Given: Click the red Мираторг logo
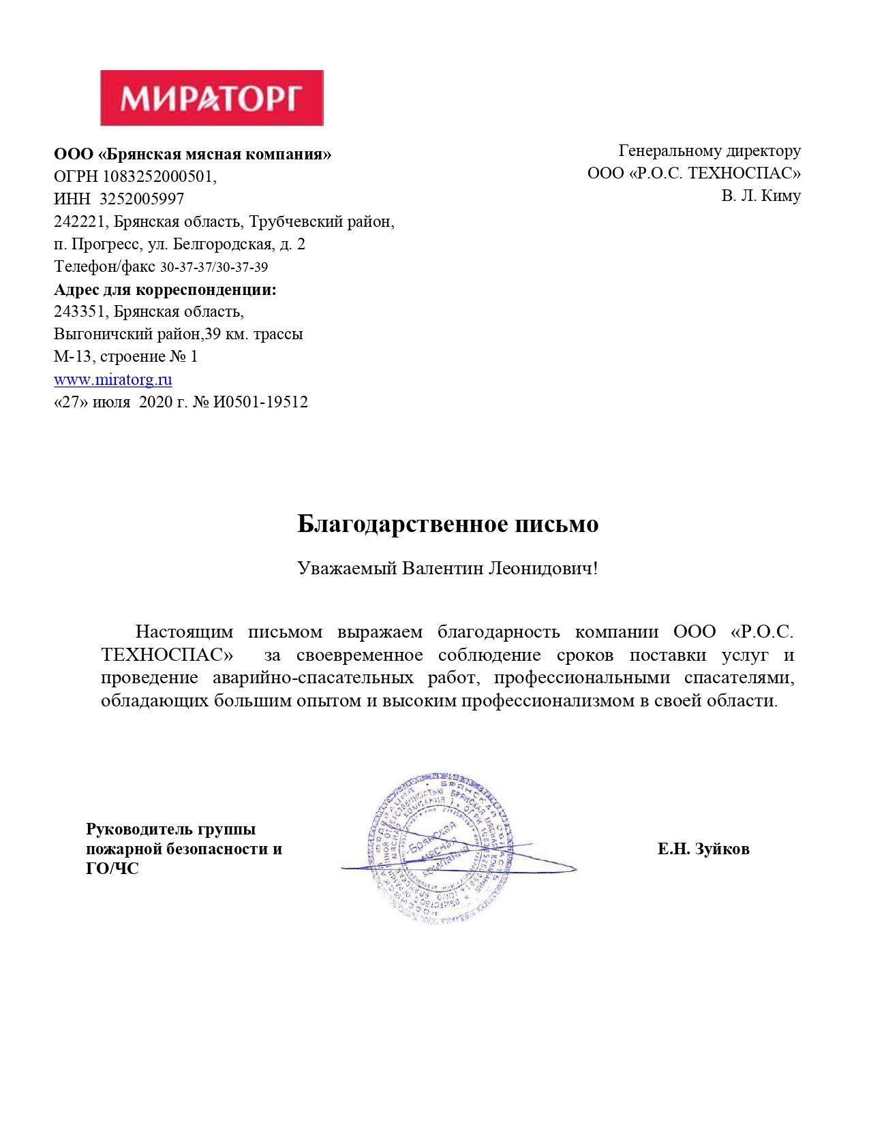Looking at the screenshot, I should point(212,97).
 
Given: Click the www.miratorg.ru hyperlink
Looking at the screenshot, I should point(113,379).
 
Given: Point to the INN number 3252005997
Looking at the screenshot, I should point(142,199).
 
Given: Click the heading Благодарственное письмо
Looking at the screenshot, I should point(448,524).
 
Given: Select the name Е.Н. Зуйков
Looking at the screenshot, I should point(703,849).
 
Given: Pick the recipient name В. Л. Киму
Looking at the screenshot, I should point(761,196).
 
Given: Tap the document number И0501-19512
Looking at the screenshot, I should point(260,402).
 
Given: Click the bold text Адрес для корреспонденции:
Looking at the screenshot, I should point(166,290).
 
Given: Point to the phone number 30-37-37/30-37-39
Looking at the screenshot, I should point(214,267).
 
